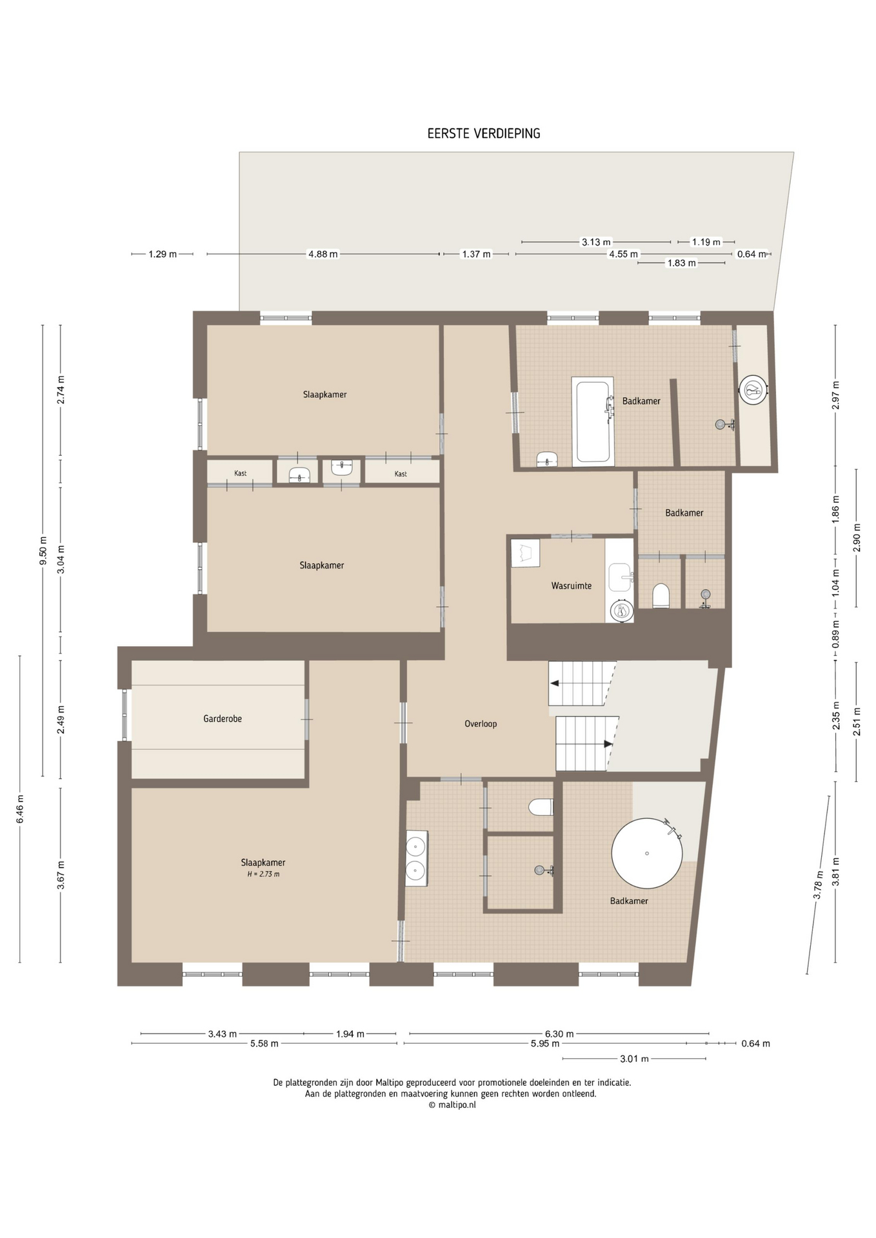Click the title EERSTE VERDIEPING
484,133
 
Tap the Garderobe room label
223,718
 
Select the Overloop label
481,723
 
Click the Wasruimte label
571,585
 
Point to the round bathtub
646,853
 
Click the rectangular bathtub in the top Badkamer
593,422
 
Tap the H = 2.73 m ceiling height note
263,874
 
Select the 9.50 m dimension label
43,551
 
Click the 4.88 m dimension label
323,254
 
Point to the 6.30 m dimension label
559,1034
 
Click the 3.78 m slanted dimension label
818,885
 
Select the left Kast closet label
240,473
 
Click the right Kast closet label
401,474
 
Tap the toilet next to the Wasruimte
661,595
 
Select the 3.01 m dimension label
634,1059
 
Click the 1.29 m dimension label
163,254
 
